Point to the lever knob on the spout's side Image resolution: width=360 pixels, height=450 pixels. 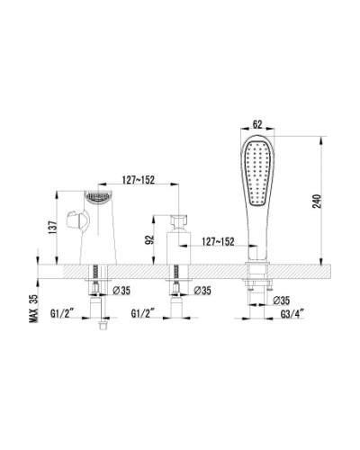[76, 220]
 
